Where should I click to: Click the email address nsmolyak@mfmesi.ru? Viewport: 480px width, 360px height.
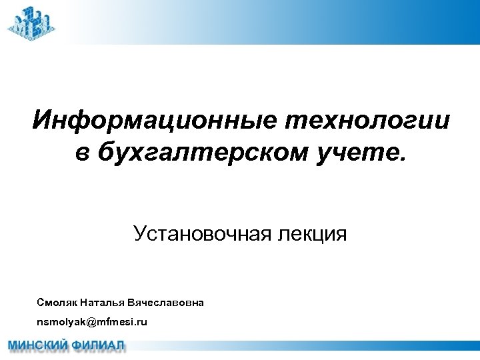point(92,322)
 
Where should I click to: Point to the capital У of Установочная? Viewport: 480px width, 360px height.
point(139,234)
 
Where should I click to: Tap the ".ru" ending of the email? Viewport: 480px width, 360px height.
point(141,322)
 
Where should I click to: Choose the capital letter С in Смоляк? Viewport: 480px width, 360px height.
point(41,303)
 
